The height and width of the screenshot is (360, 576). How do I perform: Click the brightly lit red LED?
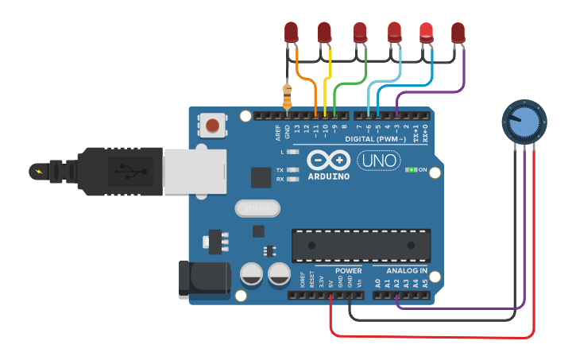pos(427,30)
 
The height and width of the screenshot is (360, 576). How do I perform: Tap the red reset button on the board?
pos(212,125)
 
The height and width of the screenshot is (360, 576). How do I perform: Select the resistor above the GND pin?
pos(287,97)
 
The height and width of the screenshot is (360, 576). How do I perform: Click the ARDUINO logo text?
pos(327,176)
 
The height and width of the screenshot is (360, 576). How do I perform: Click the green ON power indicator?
pos(412,170)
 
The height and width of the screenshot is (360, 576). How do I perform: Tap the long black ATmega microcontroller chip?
pos(361,245)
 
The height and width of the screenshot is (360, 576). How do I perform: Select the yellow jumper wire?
pos(328,79)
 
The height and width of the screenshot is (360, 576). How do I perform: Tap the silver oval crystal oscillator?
pos(258,208)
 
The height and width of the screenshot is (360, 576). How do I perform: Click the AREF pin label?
pos(277,130)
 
